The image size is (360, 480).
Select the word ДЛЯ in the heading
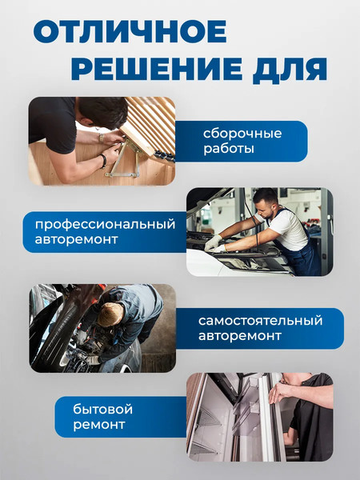[x=291, y=69]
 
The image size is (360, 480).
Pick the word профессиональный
[x=100, y=223]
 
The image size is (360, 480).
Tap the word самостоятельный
[x=261, y=321]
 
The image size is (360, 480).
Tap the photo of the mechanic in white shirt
[x=259, y=232]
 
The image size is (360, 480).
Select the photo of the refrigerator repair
[x=259, y=416]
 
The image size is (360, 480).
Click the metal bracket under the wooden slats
[x=126, y=165]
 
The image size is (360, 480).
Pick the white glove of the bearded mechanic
[x=214, y=243]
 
